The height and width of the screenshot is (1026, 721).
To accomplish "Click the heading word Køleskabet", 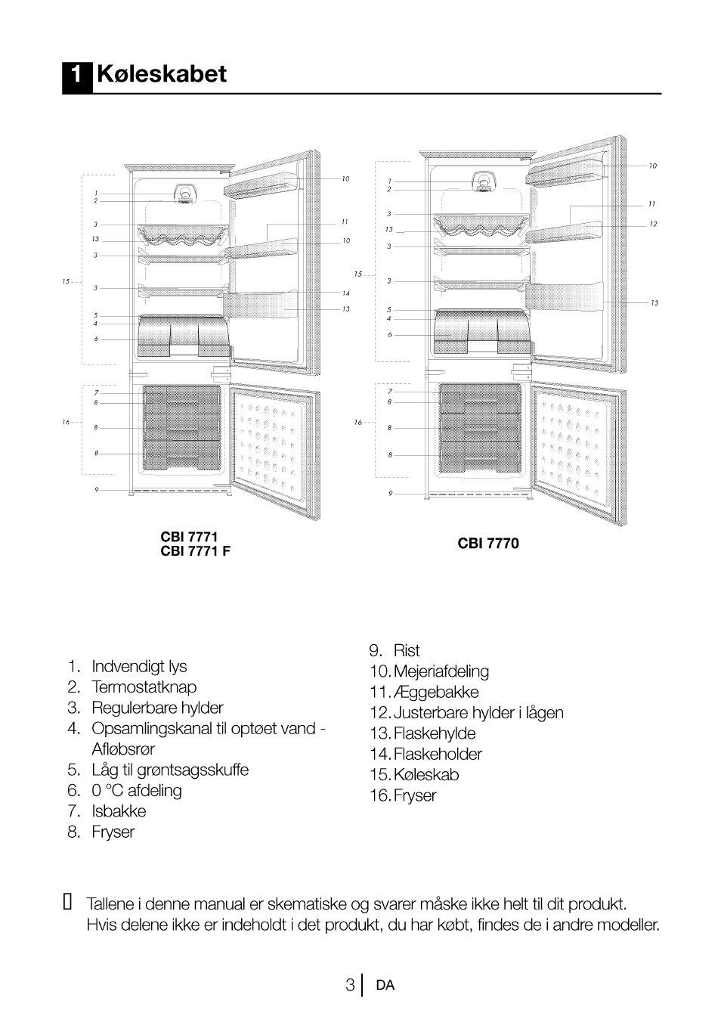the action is (162, 75).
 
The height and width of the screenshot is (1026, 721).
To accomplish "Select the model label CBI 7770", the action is (487, 544).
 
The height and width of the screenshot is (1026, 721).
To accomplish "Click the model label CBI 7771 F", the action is (195, 551).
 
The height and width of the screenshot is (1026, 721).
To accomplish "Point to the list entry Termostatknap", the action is (144, 687).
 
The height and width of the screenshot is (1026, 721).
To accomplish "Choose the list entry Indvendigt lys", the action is (139, 667).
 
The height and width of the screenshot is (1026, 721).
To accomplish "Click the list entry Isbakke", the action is (119, 811).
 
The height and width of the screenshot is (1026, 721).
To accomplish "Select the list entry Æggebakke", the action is (436, 693).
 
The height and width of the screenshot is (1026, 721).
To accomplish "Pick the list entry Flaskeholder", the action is (438, 755).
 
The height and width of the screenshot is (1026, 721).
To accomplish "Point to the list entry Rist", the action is (407, 651).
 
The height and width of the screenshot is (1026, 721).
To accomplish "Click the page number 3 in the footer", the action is (350, 985).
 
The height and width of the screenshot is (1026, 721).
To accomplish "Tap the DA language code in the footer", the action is (385, 985).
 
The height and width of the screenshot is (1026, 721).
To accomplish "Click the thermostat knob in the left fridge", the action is (184, 194).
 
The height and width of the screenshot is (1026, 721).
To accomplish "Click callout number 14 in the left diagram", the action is (345, 293).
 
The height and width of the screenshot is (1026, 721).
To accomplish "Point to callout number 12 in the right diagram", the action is (653, 225).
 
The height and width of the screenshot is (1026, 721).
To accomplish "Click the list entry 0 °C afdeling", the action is (137, 791).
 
